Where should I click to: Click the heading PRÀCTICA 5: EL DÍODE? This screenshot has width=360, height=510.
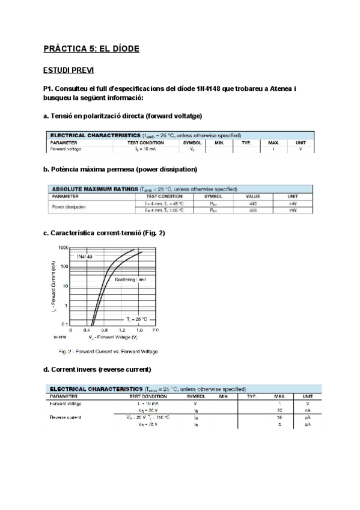pos(91,48)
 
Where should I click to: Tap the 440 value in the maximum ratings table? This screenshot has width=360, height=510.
pos(252,204)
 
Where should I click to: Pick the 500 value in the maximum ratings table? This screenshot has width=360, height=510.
pos(252,210)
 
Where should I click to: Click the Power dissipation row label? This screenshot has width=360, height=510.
pos(69,207)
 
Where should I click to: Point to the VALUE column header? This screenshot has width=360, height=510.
pos(252,197)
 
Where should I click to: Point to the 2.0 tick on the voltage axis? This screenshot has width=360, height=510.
pos(155,330)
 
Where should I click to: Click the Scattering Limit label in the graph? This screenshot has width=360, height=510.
pos(130,280)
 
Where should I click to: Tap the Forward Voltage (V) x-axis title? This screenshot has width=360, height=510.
pos(113,337)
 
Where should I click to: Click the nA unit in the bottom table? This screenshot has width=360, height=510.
pos(308,410)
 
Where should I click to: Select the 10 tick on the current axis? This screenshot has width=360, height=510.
pos(65,286)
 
